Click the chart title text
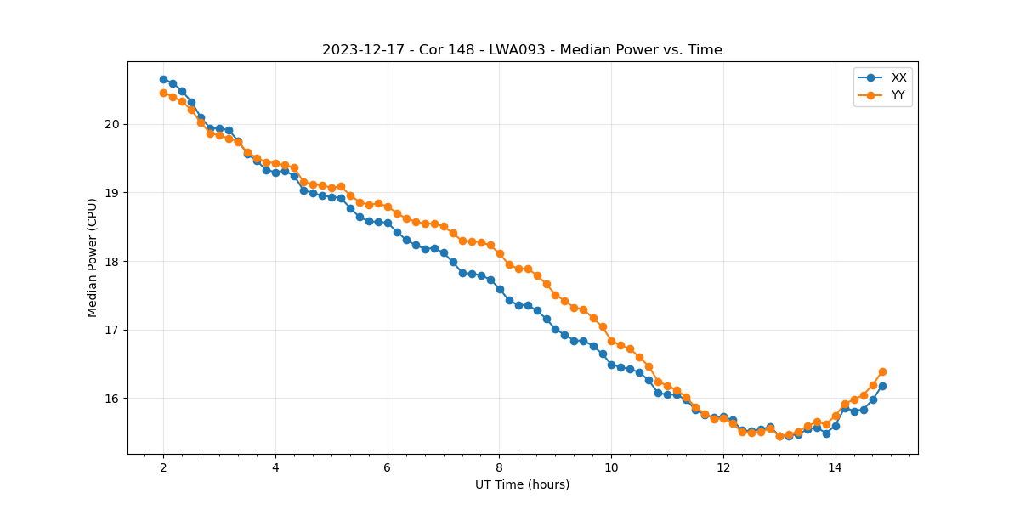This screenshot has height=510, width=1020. (x=522, y=50)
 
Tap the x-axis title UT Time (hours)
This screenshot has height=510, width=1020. (x=522, y=484)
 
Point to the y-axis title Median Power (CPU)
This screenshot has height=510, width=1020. (x=93, y=258)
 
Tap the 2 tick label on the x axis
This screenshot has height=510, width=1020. (x=163, y=467)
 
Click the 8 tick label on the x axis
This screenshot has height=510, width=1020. (x=500, y=467)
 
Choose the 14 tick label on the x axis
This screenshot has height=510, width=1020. (x=836, y=467)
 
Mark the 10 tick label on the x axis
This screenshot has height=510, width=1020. (x=611, y=467)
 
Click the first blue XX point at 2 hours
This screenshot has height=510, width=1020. (x=163, y=79)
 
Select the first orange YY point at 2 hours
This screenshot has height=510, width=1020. (x=163, y=93)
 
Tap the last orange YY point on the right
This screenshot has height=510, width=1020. (x=882, y=371)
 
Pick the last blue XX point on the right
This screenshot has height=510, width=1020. (x=882, y=386)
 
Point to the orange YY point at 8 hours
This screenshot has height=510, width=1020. (x=500, y=253)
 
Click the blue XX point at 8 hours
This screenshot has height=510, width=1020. (x=500, y=289)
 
